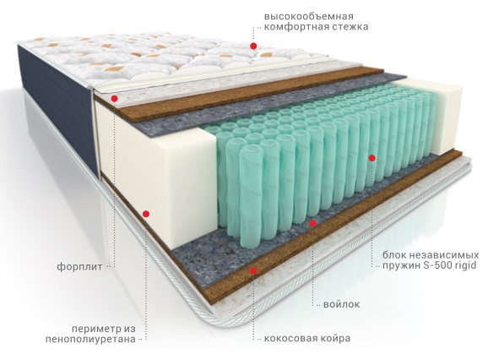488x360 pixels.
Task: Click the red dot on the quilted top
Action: [253, 46]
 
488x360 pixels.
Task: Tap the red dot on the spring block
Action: [372, 158]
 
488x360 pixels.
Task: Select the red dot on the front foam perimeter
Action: [146, 214]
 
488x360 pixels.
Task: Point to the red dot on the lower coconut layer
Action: [254, 271]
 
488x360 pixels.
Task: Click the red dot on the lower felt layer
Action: [312, 223]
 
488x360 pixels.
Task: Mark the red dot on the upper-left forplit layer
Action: [115, 99]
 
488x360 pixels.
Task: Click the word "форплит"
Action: [79, 267]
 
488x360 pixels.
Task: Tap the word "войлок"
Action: [341, 304]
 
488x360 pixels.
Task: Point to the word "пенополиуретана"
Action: [90, 339]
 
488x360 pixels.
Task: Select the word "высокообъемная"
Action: [309, 17]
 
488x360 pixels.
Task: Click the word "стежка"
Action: [350, 27]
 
